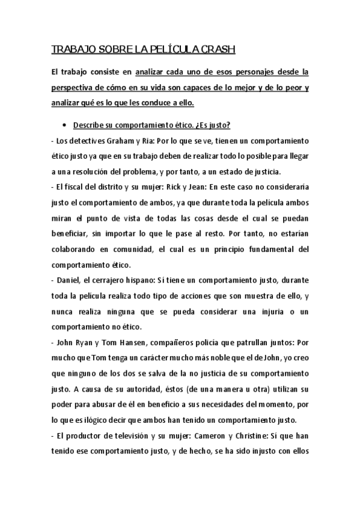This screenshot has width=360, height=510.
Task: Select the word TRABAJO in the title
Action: click(x=69, y=49)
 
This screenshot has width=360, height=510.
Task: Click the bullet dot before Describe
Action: click(x=64, y=126)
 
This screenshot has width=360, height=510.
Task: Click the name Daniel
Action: click(x=69, y=280)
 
